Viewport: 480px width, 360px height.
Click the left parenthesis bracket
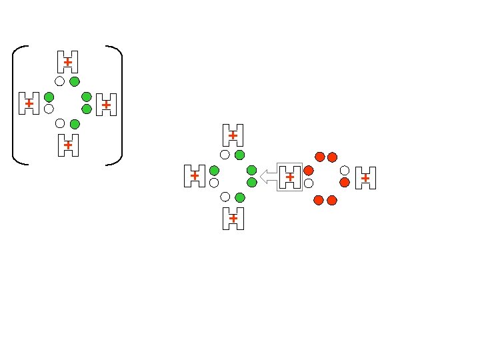coord(15,104)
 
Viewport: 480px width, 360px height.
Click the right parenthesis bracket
coord(120,104)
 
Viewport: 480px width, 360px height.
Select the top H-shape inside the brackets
coord(68,62)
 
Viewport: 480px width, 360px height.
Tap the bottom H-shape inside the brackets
coord(68,145)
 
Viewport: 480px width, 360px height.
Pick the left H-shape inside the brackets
coord(29,103)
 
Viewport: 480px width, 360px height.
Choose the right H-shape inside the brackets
coord(106,104)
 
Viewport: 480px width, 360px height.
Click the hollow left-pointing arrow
coord(269,177)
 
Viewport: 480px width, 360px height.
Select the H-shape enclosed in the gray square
coord(290,177)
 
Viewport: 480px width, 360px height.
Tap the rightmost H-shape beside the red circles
coord(365,178)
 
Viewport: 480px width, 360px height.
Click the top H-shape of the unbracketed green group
coord(233,135)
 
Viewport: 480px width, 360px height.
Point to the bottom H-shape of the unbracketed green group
coord(233,218)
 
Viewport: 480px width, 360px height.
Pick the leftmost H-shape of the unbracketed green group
coord(195,176)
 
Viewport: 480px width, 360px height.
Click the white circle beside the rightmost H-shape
coord(345,171)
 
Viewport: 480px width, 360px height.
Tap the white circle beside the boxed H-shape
coord(309,183)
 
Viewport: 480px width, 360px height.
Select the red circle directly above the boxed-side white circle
coord(309,171)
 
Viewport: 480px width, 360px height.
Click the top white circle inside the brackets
coord(60,81)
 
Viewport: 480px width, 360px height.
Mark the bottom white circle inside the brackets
coord(60,123)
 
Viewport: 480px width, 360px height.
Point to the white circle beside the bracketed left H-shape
coord(49,109)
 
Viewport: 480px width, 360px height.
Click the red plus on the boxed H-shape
coord(290,177)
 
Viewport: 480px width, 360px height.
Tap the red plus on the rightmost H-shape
coord(365,178)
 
